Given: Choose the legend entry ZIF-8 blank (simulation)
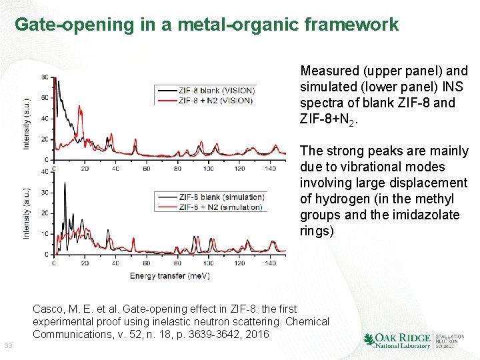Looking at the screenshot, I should point(221,197).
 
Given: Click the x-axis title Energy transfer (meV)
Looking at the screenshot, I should point(167,275).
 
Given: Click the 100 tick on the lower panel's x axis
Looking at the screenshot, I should point(208,263).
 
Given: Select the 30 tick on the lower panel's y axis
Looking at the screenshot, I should point(45,193).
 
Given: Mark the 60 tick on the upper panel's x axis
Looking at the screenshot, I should point(146,169).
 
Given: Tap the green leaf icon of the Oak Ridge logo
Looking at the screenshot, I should point(369,340).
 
